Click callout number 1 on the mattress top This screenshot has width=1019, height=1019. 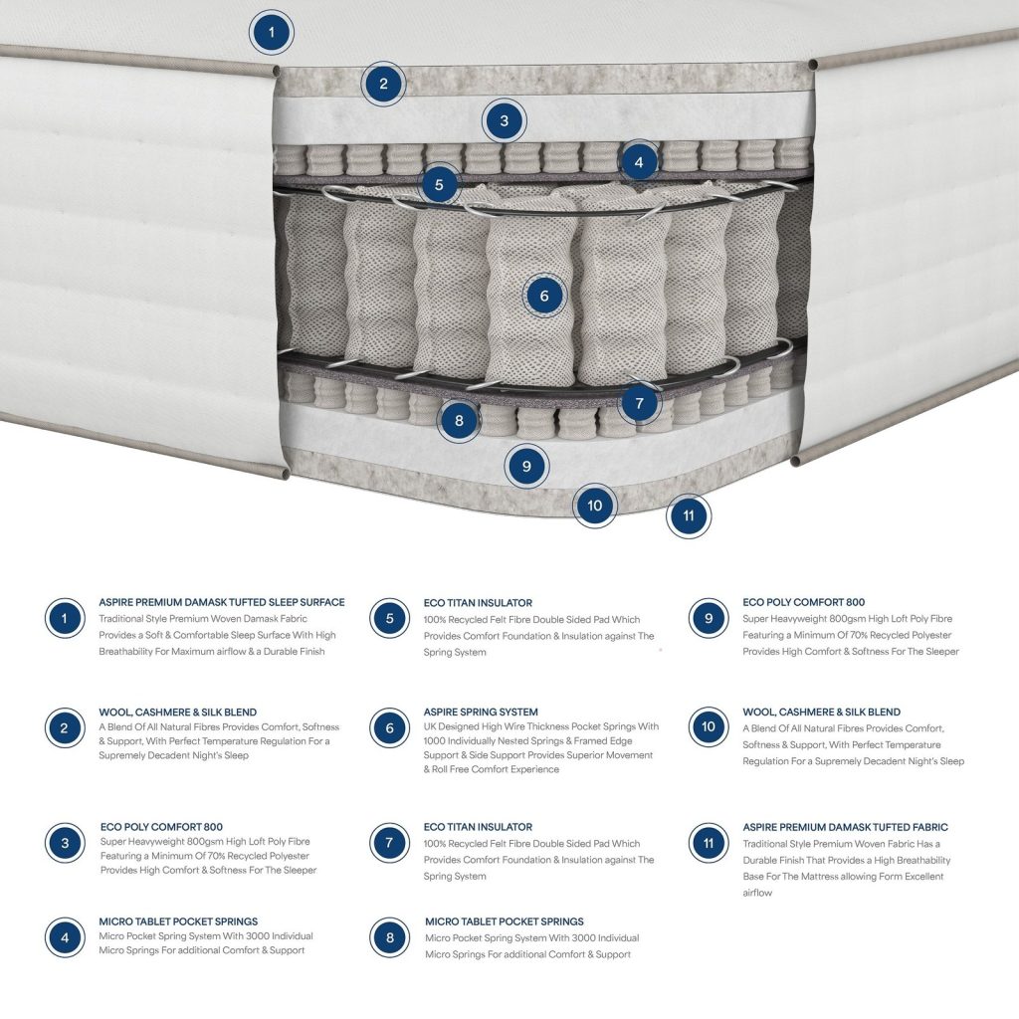[x=272, y=32]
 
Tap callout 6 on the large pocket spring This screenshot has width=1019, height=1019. [x=544, y=296]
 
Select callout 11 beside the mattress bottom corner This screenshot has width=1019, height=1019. [x=689, y=515]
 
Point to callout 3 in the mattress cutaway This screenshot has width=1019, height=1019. [x=505, y=120]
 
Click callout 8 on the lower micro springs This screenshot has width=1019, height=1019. [x=459, y=421]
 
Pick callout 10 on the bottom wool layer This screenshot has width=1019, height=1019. [x=595, y=506]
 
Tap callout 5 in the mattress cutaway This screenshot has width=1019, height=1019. [x=439, y=184]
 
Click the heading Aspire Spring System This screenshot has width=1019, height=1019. [x=481, y=712]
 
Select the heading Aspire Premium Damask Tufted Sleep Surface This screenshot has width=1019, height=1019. [x=222, y=602]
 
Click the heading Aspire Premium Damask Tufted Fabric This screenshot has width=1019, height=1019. [x=845, y=827]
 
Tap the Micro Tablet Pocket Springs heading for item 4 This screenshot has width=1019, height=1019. [x=178, y=920]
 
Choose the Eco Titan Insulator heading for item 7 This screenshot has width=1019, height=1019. [x=478, y=827]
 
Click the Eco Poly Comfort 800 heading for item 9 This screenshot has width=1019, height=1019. [x=803, y=602]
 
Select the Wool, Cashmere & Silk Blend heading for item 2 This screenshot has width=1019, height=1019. [x=177, y=712]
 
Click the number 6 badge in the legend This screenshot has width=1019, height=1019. [x=389, y=727]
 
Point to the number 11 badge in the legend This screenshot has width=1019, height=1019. [x=709, y=843]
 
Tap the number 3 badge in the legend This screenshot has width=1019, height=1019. [x=65, y=843]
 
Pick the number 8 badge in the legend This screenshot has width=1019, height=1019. [x=389, y=937]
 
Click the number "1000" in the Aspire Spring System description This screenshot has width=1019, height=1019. [x=435, y=740]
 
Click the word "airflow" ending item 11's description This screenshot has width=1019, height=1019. [x=757, y=893]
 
